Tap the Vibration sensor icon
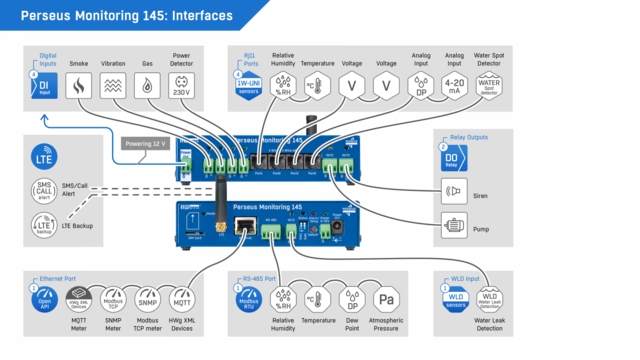click(x=114, y=87)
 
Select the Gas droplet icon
click(x=148, y=87)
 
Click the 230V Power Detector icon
click(x=182, y=87)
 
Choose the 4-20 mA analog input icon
click(x=454, y=87)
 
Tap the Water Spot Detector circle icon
click(x=489, y=87)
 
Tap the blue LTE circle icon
click(x=43, y=161)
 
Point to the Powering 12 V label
click(x=144, y=144)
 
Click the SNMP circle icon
click(x=148, y=301)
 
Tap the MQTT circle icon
click(x=182, y=301)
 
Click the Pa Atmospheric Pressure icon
click(x=387, y=301)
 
